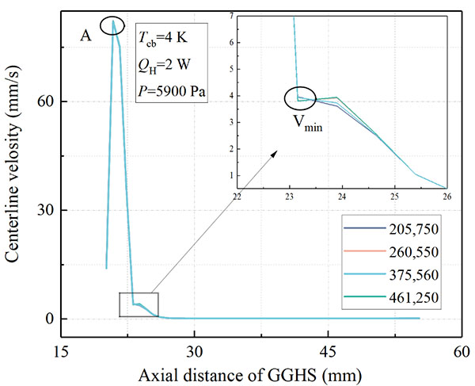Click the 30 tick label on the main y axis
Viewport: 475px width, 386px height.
[x=46, y=210]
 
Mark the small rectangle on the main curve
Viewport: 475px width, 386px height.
[x=139, y=305]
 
